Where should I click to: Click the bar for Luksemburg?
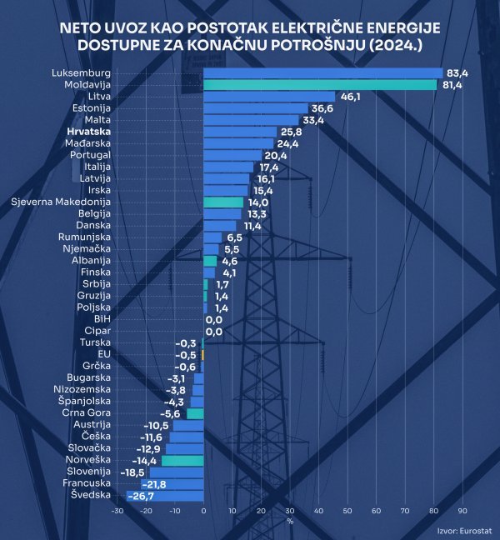click(x=322, y=73)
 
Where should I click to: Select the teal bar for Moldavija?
click(x=320, y=85)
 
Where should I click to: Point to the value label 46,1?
click(x=349, y=97)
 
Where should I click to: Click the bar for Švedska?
click(x=165, y=496)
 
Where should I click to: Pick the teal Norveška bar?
click(x=182, y=460)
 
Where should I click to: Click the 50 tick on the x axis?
click(x=347, y=512)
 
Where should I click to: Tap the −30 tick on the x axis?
click(x=117, y=512)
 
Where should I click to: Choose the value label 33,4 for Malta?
click(x=312, y=120)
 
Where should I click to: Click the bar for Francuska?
click(x=172, y=484)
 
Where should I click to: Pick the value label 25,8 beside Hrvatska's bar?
click(x=291, y=132)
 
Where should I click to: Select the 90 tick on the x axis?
click(x=462, y=512)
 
